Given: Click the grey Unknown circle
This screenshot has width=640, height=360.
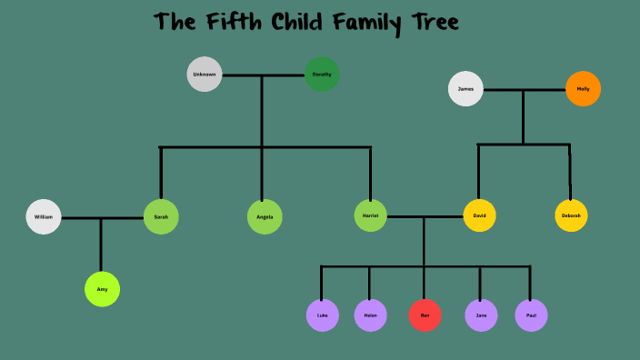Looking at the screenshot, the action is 205,75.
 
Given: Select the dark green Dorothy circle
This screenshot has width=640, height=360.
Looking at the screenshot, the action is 322,75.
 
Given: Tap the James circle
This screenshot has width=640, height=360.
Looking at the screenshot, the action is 465,89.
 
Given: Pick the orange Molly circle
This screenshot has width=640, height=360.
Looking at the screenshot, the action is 583,89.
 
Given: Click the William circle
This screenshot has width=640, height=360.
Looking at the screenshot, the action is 44,217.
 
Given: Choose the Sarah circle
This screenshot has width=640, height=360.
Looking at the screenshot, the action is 161,217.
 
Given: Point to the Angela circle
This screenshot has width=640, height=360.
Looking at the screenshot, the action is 265,217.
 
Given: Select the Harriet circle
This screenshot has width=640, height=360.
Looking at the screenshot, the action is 370,216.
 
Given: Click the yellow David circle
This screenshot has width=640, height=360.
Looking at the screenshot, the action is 479,216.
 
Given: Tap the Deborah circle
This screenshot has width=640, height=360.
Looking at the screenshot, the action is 571,215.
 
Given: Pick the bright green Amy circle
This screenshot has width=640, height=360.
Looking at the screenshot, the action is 102,289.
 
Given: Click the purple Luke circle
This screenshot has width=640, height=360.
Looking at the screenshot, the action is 322,315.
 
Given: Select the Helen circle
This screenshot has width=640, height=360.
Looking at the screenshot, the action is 370,315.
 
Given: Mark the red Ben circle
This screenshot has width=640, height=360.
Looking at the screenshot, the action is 425,315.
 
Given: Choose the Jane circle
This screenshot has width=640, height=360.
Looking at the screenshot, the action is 481,315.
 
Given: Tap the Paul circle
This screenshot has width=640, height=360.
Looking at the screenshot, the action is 531,315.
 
